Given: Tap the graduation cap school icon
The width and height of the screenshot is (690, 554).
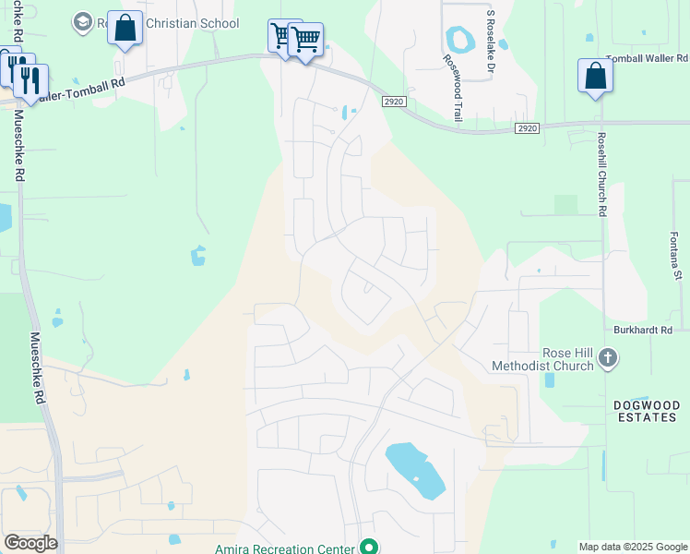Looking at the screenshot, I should coord(82,22).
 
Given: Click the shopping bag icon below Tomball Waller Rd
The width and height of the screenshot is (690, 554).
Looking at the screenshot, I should coord(595,77).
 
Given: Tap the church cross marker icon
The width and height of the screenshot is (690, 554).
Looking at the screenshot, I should coord(607,358).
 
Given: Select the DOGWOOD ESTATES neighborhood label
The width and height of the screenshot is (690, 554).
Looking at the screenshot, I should coord(646,411).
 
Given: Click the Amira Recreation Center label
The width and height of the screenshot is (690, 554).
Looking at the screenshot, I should coord(285,548).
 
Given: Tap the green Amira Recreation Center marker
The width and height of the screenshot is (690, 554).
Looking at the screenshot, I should coord(369,547).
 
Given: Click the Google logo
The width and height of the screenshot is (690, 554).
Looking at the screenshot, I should coord(30,543).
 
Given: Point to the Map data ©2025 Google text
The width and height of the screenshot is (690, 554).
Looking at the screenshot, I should coord(632,547).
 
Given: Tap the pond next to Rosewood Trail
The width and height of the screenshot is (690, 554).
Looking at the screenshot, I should coord(458,40).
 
